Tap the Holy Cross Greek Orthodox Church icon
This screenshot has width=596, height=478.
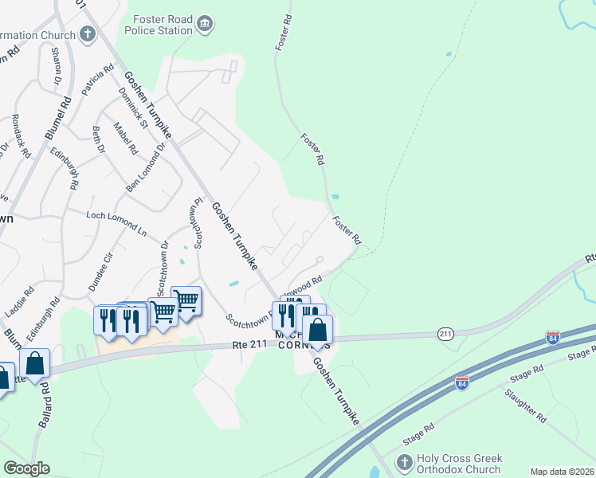tap(405, 462)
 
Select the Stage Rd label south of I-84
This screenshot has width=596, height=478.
tap(418, 433)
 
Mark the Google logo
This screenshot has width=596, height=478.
tap(27, 468)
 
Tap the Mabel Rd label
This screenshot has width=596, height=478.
tap(126, 139)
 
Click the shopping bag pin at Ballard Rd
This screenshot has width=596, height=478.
tap(34, 363)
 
